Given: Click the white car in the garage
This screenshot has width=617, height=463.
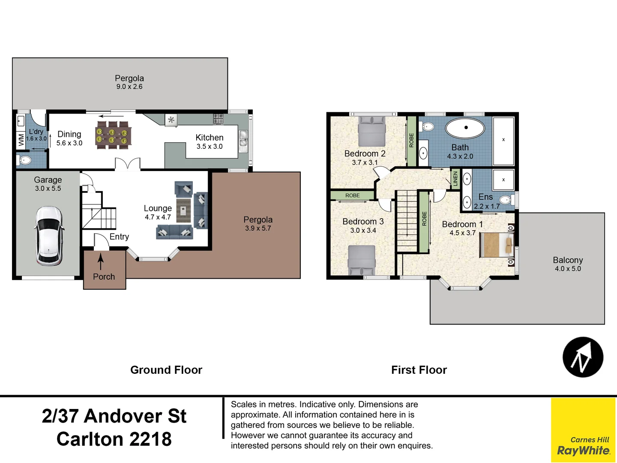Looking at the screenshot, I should [x=49, y=235].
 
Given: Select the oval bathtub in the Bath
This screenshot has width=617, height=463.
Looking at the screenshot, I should [x=466, y=128].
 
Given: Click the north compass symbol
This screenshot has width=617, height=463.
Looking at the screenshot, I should [x=583, y=357].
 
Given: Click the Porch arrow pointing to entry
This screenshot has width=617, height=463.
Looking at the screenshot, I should [x=101, y=261].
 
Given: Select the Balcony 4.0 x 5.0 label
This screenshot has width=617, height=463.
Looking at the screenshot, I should [x=568, y=264].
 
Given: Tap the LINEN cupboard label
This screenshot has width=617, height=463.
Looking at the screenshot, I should [x=455, y=178].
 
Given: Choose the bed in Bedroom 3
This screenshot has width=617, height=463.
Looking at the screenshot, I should [x=362, y=260].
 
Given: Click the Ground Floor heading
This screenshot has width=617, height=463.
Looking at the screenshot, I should [x=166, y=370].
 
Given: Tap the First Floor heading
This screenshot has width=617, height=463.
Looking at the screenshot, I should [x=419, y=370].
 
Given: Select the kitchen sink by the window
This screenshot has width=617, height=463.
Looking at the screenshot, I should [x=243, y=141].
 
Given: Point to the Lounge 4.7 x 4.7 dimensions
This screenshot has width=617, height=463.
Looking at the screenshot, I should [x=158, y=217].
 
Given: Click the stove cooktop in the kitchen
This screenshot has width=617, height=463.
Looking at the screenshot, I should [x=218, y=118].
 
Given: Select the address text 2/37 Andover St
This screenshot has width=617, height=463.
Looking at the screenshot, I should [x=114, y=416].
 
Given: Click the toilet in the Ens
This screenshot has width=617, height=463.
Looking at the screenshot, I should [x=506, y=199].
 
